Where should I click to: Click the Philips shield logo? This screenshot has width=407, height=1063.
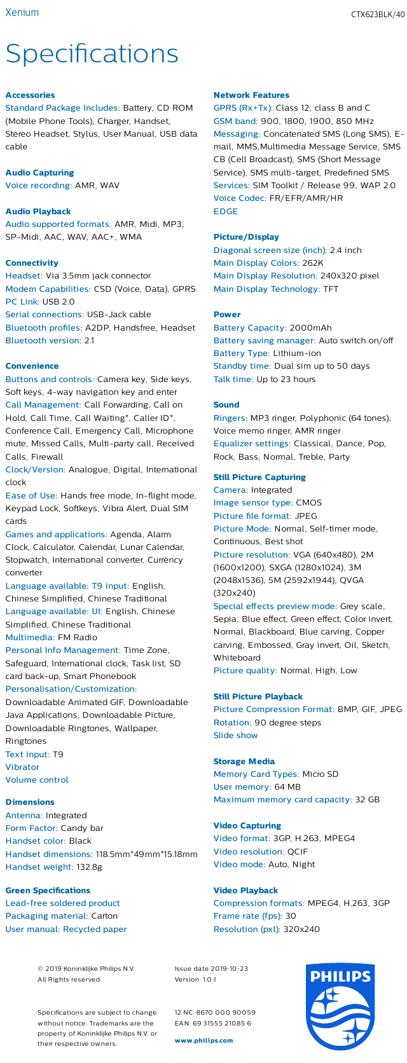point(338,1008)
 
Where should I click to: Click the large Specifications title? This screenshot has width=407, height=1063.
point(92,54)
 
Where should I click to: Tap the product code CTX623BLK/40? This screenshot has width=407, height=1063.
point(377,15)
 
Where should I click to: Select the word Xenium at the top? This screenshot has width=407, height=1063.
point(22,13)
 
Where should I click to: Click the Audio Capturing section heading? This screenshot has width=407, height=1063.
point(39,172)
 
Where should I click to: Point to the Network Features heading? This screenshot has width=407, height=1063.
point(251,95)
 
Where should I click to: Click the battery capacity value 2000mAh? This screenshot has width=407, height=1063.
point(310,327)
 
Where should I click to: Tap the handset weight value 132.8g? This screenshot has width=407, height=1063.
point(89,867)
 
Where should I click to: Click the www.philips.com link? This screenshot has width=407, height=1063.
point(203,1040)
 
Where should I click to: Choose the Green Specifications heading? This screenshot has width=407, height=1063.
point(48,890)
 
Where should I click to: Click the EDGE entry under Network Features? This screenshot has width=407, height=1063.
point(226,211)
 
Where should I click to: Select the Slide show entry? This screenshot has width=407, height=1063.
point(235,735)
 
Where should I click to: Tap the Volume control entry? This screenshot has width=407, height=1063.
point(37,779)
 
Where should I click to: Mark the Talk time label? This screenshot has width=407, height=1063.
point(233,379)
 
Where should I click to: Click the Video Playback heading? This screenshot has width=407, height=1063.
point(245,890)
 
